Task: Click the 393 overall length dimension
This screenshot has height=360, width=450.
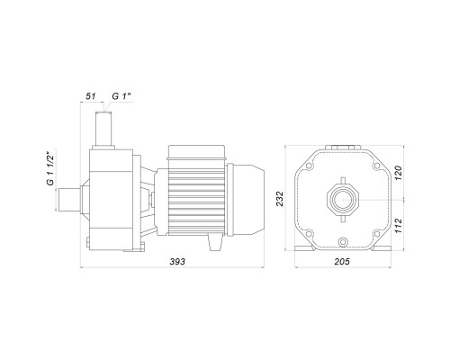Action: point(177,262)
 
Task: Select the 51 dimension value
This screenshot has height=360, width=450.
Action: point(90,96)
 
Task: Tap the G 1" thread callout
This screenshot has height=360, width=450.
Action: point(121,96)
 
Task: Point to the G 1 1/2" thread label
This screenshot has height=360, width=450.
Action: point(49,169)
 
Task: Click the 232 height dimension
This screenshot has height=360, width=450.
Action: point(280,198)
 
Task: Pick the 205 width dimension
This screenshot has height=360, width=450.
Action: point(342,262)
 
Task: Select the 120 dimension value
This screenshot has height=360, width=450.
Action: point(398,173)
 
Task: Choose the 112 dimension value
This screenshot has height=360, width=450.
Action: point(398,226)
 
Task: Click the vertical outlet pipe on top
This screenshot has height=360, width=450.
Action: point(103,129)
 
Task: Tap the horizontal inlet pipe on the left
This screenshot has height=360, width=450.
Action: point(69,200)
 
